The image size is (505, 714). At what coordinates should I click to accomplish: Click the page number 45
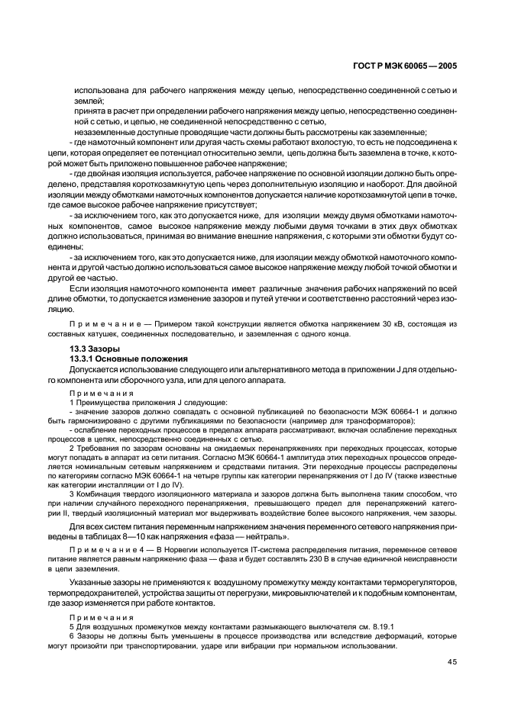click(x=452, y=662)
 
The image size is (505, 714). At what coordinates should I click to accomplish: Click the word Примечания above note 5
click(x=92, y=616)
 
